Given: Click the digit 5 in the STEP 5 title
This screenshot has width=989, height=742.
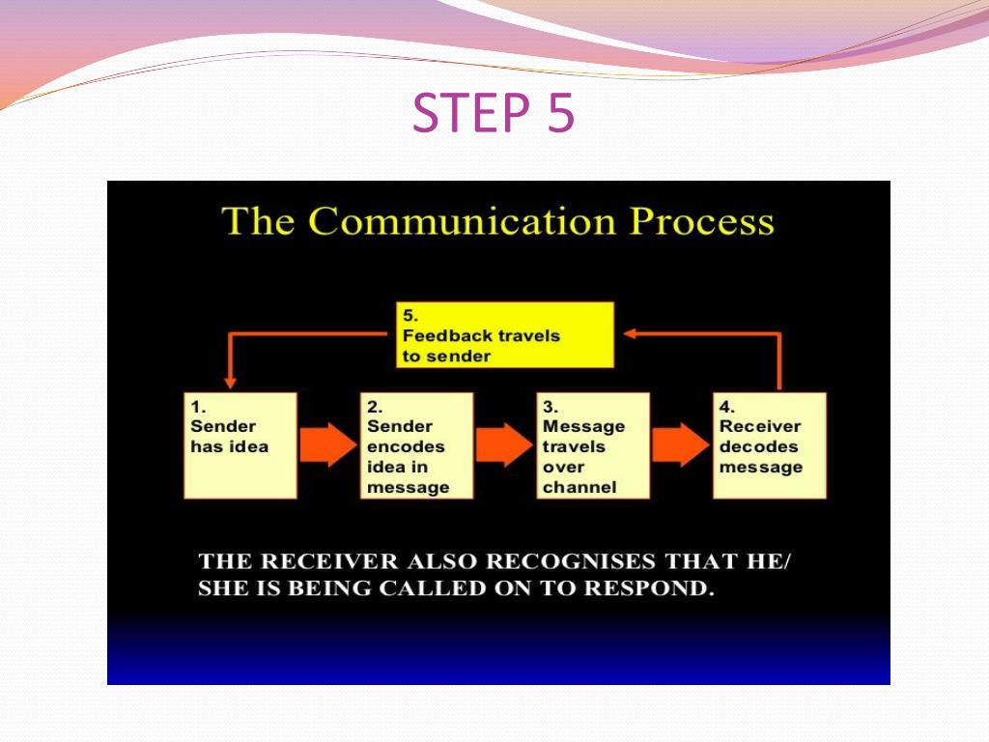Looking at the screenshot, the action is point(561,112).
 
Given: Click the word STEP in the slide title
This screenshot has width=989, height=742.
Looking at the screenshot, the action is point(471,112).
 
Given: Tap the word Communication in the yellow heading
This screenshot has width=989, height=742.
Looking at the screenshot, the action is point(463,221).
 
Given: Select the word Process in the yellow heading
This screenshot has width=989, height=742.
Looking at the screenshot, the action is point(702,222).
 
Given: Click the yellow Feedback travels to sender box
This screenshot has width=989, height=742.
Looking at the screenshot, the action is point(504,335).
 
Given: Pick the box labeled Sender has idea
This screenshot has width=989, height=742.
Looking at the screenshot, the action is point(240,445).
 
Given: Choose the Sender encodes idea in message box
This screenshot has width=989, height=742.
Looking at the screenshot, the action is point(416,445).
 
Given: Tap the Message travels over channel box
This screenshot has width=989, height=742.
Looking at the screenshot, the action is point(593,445).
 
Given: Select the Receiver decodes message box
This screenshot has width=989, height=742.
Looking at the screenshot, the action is point(770,445).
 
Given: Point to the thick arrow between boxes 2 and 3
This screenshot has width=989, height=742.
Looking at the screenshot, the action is point(504,444).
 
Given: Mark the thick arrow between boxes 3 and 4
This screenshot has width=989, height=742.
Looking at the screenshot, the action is point(681,444).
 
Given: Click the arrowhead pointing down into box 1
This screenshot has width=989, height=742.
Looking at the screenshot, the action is point(230,383).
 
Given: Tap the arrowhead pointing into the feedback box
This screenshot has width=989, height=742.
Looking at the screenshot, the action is point(630,333).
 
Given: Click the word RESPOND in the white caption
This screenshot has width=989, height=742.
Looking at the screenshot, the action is point(649,588).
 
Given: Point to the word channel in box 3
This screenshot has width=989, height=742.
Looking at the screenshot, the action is point(579,487).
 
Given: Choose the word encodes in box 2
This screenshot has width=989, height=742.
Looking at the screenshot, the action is point(406,446).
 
